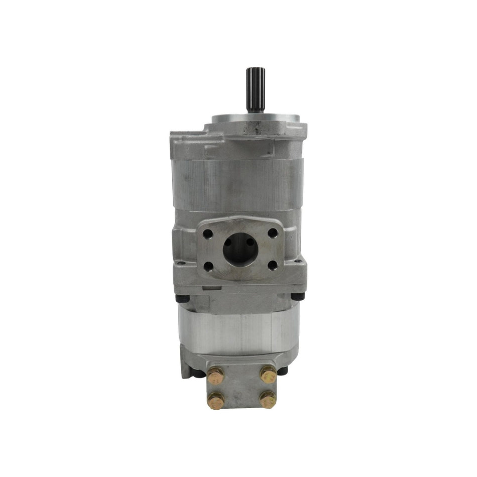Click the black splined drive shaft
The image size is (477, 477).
point(252,89)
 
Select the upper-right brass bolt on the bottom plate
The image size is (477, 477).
point(268,374)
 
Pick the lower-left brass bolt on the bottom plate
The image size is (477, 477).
point(215,400)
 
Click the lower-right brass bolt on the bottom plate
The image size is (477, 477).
point(268,400)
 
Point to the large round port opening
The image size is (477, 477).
point(240,249)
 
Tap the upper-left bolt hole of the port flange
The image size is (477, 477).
point(207,233)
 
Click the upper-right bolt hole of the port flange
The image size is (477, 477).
point(273,233)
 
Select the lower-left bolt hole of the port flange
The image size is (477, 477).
point(208,266)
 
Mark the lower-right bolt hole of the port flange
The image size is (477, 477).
point(273,265)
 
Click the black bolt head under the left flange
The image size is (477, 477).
point(183,298)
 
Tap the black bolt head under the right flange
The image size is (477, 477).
point(298,297)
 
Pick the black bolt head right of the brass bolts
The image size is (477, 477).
point(282,371)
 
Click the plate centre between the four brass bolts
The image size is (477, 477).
point(242,387)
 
